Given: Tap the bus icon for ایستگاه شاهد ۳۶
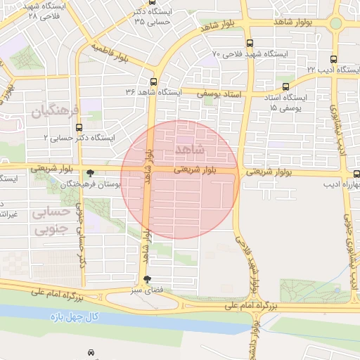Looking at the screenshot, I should pyautogui.click(x=153, y=81).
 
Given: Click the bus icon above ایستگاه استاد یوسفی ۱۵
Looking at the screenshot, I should pyautogui.click(x=285, y=86).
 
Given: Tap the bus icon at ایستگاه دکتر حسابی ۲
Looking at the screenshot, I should pyautogui.click(x=78, y=128).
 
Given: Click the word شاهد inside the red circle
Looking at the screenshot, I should pyautogui.click(x=191, y=150).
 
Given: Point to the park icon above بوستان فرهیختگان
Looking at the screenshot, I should pyautogui.click(x=89, y=173).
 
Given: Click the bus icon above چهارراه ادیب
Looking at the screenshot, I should pyautogui.click(x=356, y=174).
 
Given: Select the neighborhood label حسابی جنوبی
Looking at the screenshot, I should pyautogui.click(x=53, y=220).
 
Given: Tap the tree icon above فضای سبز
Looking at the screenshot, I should pyautogui.click(x=146, y=279).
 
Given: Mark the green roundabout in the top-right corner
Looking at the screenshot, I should pyautogui.click(x=335, y=23).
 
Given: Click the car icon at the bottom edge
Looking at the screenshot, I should pyautogui.click(x=91, y=352).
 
